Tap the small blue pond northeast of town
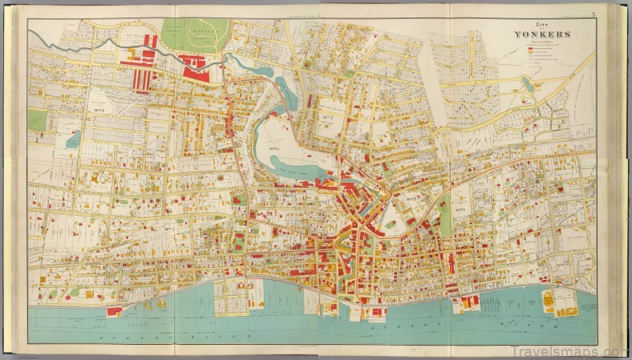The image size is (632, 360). tap(526, 83)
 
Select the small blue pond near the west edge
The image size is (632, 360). tap(73, 140)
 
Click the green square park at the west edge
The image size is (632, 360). tap(37, 119)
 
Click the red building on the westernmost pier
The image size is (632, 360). tap(115, 310)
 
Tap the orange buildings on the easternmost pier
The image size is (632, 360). tap(550, 301)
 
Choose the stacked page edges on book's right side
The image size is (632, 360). tap(621, 176)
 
